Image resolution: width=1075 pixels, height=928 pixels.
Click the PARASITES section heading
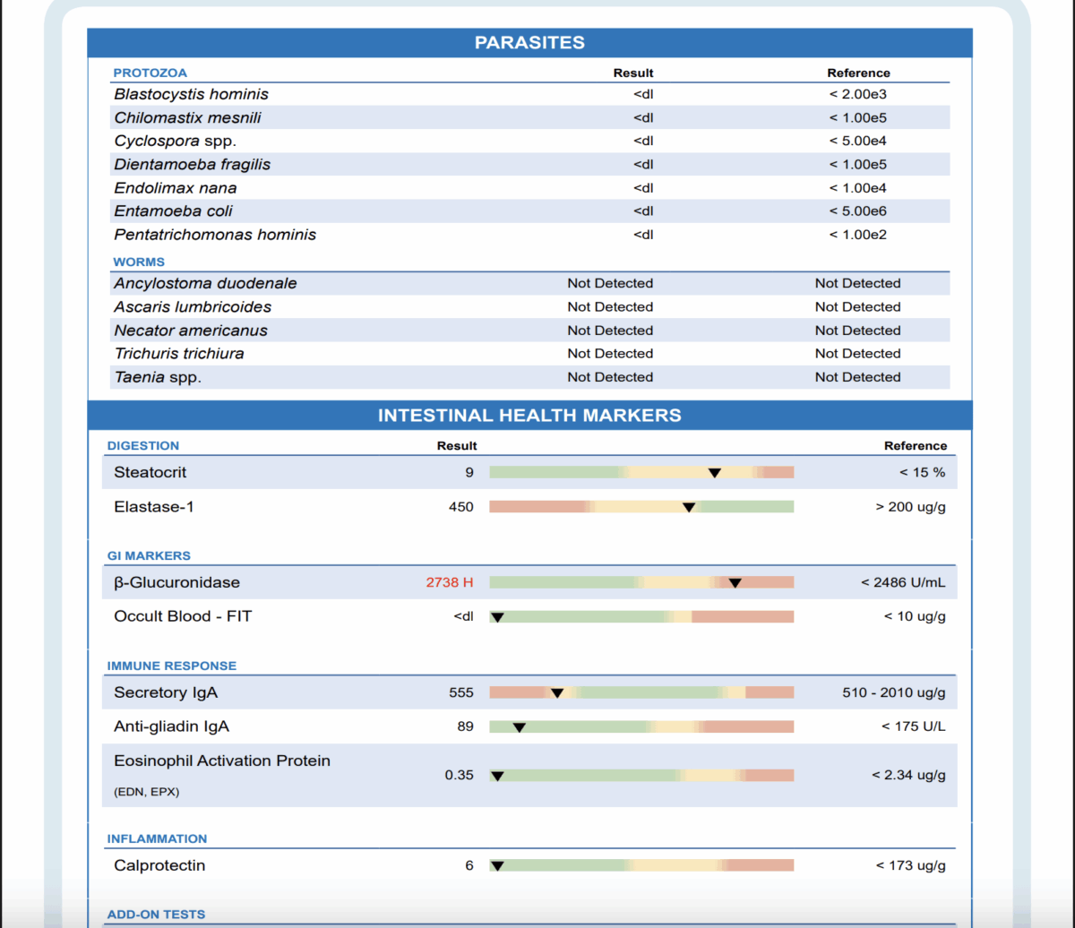coord(529,42)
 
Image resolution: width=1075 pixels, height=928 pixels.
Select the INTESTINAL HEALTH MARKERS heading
coord(529,416)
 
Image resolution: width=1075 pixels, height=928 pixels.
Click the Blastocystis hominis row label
coord(191,94)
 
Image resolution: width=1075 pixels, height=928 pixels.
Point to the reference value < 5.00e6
coord(858,211)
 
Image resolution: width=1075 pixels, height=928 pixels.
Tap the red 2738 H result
coord(450,583)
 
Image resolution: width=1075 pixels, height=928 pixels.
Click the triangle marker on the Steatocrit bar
coord(715,473)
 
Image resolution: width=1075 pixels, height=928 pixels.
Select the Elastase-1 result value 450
coord(461,507)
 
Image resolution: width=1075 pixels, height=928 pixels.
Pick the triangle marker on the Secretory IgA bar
coord(557,693)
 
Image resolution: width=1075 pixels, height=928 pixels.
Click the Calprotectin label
coord(159,866)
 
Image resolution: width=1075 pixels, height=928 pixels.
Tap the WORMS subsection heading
coord(139,262)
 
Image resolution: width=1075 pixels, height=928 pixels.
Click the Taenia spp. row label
coord(158,377)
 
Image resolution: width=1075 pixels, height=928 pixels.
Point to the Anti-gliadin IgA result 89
coord(465,726)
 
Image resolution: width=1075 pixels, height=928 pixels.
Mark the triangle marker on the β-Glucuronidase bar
coord(735,583)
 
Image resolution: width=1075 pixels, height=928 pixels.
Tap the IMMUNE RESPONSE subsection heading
coord(172,666)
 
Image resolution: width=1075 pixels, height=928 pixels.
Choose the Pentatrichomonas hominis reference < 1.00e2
coord(858,235)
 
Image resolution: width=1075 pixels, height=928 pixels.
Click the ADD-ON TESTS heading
coord(156,915)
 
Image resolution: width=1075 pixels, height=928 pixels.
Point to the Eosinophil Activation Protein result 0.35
coord(460,776)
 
